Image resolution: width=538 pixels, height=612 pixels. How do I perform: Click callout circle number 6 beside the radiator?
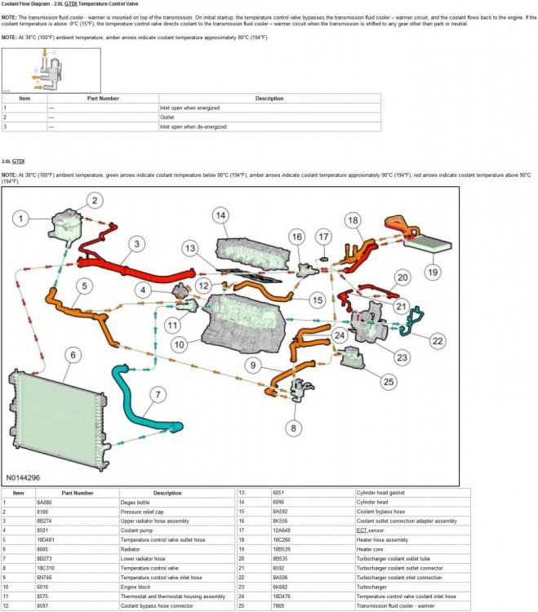click(73, 355)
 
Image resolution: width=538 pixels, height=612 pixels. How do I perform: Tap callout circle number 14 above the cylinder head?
click(220, 215)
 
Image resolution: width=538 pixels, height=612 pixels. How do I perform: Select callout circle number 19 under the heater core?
click(432, 272)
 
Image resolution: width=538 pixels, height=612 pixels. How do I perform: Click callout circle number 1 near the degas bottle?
click(22, 217)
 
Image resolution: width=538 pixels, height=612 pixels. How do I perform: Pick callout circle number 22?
click(438, 340)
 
